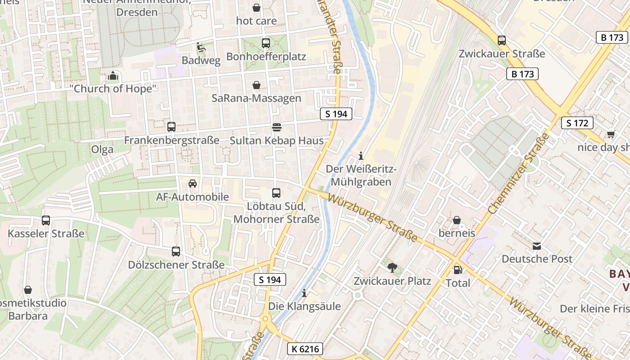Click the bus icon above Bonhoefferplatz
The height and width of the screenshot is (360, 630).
(x=266, y=43)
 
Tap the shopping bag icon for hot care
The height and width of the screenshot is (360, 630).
(x=256, y=8)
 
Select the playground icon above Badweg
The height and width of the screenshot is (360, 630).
(x=201, y=47)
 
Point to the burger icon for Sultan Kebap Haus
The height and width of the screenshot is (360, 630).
(x=276, y=127)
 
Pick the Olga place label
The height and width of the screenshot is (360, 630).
(x=102, y=149)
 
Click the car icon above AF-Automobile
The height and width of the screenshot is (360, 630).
(x=193, y=184)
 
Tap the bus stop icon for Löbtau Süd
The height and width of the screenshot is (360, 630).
(x=276, y=193)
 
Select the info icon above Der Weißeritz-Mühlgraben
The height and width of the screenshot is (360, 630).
(x=360, y=156)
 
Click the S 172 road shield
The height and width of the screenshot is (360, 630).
(x=577, y=123)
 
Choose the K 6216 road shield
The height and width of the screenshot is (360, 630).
(x=305, y=349)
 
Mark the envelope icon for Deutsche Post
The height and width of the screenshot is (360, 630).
(x=537, y=246)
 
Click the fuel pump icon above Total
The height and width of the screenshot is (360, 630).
(x=458, y=270)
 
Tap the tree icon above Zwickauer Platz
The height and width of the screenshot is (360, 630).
(x=392, y=268)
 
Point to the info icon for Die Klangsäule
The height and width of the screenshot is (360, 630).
(x=304, y=293)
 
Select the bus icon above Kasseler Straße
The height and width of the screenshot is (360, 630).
(x=46, y=220)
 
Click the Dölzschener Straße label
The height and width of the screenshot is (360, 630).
(x=176, y=265)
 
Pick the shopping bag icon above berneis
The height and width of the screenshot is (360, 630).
(x=457, y=220)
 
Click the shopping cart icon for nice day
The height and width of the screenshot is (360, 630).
(x=611, y=134)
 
